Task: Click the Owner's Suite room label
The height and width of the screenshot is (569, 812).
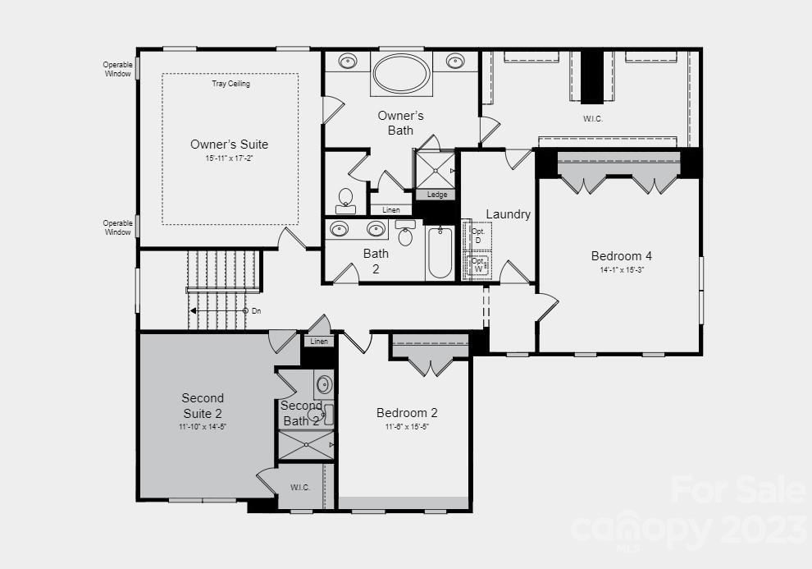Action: click(229, 145)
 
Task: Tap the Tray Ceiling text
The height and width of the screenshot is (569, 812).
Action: click(230, 84)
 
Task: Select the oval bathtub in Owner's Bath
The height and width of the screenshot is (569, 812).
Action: click(401, 74)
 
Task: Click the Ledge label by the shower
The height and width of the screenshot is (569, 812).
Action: click(437, 195)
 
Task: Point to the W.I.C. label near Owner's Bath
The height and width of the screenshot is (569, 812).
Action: click(594, 119)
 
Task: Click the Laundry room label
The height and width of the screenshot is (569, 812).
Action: click(508, 214)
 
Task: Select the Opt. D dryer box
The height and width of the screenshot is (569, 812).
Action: click(478, 236)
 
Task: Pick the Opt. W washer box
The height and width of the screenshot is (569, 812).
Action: click(478, 265)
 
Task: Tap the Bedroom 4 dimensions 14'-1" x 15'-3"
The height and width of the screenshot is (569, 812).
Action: click(621, 269)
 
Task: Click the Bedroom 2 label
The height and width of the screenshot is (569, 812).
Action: click(407, 413)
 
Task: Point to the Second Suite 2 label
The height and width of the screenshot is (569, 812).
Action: click(203, 406)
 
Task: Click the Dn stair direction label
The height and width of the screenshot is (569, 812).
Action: click(256, 310)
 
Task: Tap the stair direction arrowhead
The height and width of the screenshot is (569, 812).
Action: click(194, 310)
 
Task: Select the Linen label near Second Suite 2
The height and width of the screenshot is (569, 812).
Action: click(319, 342)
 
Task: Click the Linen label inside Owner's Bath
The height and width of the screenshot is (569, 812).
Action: click(391, 210)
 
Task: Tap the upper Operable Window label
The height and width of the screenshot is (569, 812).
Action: click(117, 69)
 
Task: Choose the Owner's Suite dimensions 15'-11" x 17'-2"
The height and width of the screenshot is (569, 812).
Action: click(229, 158)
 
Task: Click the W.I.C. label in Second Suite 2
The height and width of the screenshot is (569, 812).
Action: click(300, 487)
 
